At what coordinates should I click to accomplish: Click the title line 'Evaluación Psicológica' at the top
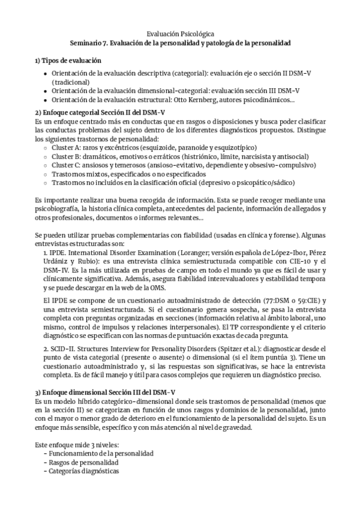pos(180,34)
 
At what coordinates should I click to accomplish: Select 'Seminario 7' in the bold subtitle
pos(88,44)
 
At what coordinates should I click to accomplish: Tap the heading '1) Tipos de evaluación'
pos(68,61)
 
